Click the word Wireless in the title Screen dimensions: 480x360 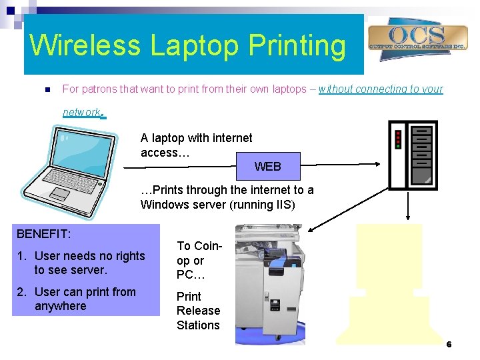tap(85, 45)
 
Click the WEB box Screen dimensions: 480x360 tap(268, 167)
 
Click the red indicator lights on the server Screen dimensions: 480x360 tap(398, 139)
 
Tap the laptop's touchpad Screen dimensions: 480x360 tap(60, 194)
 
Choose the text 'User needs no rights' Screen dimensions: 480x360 tap(89, 256)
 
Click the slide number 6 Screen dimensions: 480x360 tap(449, 345)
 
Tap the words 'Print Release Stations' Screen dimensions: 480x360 tap(198, 311)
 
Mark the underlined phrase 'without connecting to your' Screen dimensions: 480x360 tap(381, 89)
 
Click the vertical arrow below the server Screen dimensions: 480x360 tap(409, 206)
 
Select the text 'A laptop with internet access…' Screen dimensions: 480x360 tap(196, 145)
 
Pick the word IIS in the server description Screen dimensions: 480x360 tap(284, 205)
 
